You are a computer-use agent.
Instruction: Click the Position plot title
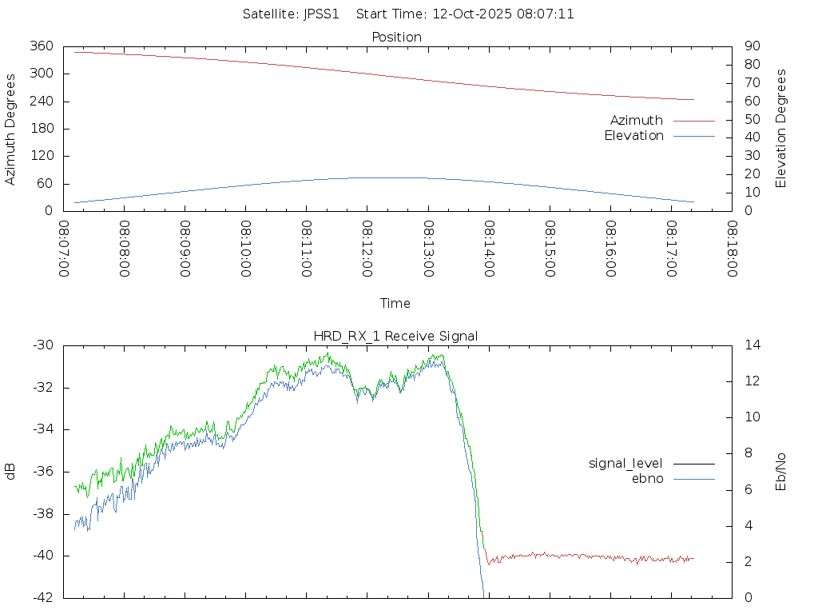point(397,37)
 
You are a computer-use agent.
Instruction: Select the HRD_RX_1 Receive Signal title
point(395,336)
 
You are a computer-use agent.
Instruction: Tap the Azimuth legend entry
point(637,120)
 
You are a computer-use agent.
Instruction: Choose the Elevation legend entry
point(634,136)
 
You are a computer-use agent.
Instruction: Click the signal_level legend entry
point(625,463)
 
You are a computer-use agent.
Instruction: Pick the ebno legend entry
point(648,478)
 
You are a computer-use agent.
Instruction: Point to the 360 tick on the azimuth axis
point(41,46)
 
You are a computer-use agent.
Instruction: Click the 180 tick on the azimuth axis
point(41,129)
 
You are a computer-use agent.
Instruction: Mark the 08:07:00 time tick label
point(65,249)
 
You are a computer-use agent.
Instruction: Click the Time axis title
point(395,303)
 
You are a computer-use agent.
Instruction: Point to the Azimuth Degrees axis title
point(11,129)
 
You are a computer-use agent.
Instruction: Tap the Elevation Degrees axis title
point(781,129)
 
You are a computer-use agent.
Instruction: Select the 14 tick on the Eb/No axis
point(752,345)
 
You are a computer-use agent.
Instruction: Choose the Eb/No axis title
point(781,472)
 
